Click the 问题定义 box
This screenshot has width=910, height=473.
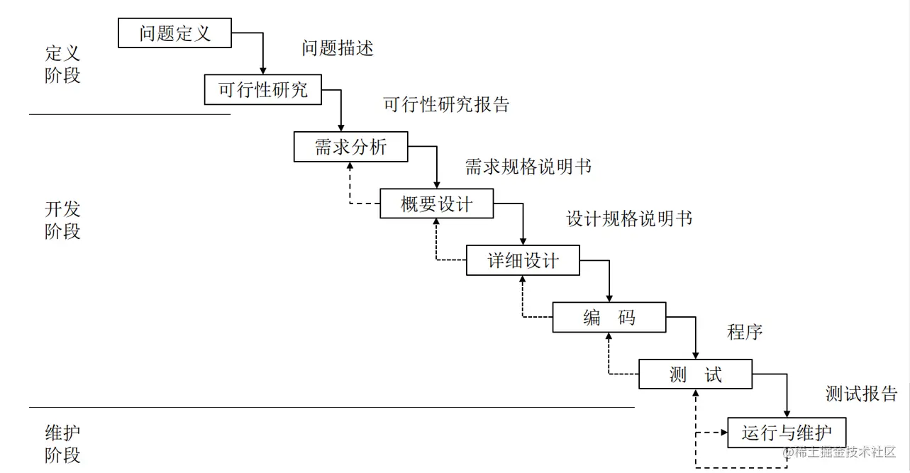(174, 33)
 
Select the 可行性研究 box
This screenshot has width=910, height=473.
(262, 90)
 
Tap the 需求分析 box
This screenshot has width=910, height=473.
(350, 147)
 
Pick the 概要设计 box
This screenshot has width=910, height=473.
(436, 204)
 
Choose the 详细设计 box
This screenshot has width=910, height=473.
(523, 260)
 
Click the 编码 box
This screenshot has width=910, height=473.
(609, 317)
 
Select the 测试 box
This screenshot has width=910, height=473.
(695, 374)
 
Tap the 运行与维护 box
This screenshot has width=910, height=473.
(787, 432)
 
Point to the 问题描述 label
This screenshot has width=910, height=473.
(337, 48)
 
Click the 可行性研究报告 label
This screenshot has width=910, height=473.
(446, 105)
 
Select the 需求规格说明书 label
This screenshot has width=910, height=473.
(528, 167)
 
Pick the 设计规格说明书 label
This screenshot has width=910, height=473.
(629, 218)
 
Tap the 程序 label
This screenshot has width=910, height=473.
(745, 331)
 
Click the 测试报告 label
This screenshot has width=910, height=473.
(861, 394)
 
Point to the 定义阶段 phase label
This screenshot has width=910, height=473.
(62, 64)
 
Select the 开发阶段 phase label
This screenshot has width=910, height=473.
(62, 220)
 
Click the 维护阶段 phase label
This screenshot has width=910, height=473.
(62, 443)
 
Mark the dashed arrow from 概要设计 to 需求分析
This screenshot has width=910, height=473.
(350, 188)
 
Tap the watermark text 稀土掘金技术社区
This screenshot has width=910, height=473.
(844, 452)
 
